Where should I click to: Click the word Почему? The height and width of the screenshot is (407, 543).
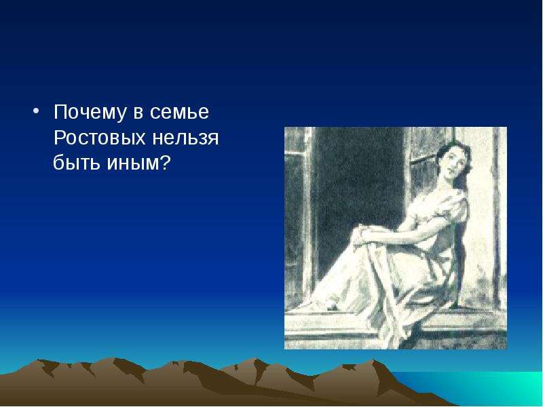coord(89,113)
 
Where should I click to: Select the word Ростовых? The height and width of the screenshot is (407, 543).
coord(99,138)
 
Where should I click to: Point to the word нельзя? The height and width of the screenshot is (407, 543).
coord(185,138)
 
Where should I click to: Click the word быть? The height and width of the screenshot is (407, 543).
coord(76,162)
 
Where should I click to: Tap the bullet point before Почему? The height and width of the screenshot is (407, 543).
coord(36,111)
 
